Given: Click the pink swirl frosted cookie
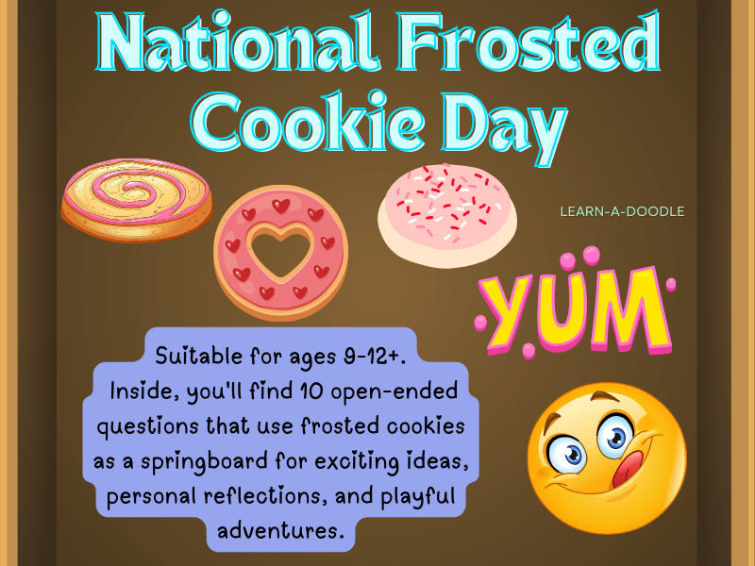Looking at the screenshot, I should tap(137, 199).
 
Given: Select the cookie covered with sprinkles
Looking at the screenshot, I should tap(447, 207).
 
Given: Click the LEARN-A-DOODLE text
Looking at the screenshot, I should tap(622, 211).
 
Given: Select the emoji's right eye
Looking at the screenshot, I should tap(614, 433).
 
